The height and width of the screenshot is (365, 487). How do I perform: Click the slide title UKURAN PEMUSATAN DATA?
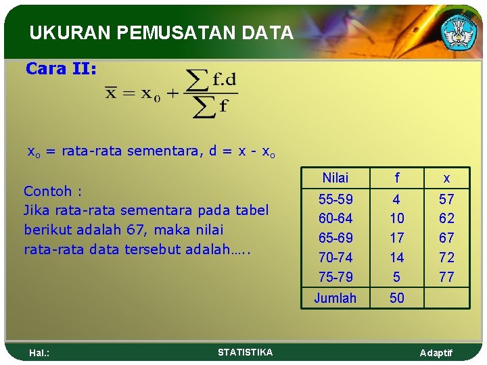161,33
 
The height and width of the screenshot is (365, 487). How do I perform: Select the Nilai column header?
335,178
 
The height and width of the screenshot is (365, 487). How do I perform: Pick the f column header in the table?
397,178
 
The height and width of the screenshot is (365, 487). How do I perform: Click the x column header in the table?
446,178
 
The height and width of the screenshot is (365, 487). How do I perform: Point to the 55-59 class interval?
335,199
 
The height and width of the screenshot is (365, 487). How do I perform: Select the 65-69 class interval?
335,238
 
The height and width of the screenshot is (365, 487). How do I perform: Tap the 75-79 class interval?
335,276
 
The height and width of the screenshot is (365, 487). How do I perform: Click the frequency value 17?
397,238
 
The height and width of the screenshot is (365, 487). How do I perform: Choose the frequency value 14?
397,258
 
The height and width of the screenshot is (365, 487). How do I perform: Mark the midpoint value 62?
446,218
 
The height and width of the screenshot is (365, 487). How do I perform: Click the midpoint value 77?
446,276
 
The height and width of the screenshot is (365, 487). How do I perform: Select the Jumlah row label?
335,298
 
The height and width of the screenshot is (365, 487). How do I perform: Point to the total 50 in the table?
397,298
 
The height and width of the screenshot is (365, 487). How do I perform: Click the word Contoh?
45,191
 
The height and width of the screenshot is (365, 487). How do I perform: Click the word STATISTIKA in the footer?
246,352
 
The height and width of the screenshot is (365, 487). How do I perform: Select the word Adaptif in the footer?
436,353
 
